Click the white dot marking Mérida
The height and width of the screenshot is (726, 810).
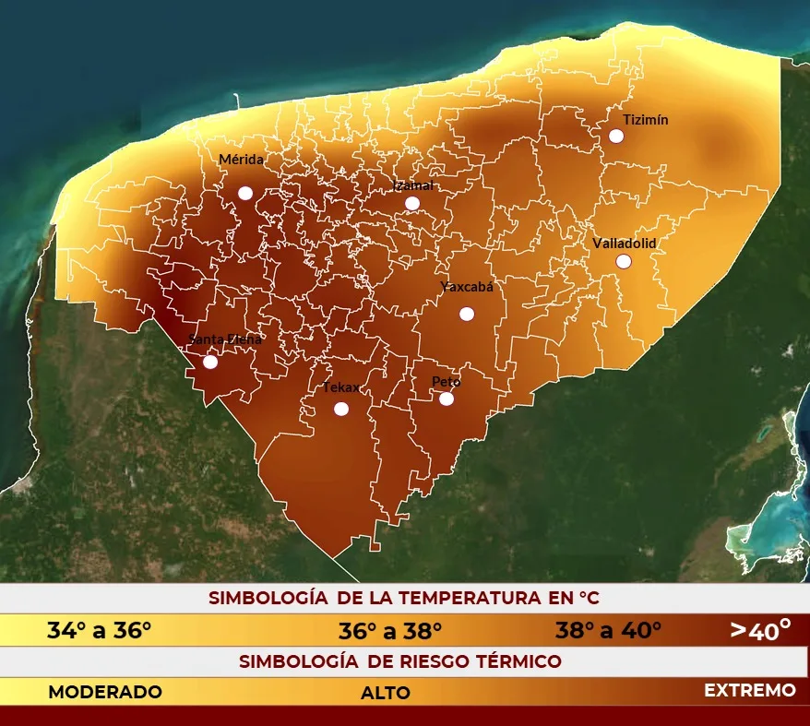tap(245, 193)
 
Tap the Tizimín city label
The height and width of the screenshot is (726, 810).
tap(645, 120)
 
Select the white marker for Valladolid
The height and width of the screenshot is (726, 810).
tap(624, 261)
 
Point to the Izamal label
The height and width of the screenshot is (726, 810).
tap(413, 185)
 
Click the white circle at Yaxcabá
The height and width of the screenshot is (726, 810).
tap(467, 314)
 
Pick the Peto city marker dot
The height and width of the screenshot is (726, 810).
tap(447, 399)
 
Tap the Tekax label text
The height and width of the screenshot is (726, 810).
tap(340, 387)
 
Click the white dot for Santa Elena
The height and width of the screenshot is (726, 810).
tap(210, 362)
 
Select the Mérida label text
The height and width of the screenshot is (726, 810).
tap(241, 160)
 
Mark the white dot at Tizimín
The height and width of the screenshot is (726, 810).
tap(616, 136)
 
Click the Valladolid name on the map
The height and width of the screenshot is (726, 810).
tap(624, 243)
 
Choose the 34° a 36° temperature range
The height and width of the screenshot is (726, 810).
tap(99, 631)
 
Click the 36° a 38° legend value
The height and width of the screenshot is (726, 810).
tap(390, 631)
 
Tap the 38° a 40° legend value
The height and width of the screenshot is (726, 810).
tap(608, 631)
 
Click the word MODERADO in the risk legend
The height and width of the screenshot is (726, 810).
tap(105, 692)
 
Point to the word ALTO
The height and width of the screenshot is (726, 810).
tap(386, 693)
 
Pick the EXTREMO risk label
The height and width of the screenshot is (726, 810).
tap(749, 690)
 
